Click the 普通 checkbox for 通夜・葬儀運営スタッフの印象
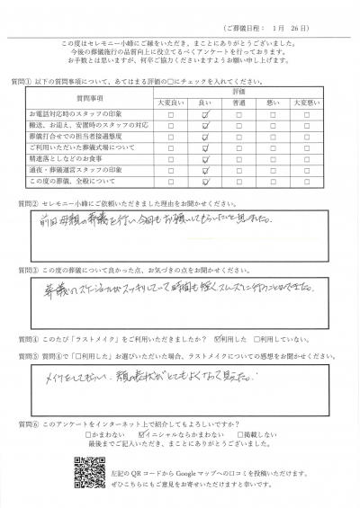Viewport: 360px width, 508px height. coord(241,167)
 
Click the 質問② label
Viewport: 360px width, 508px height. coord(26,202)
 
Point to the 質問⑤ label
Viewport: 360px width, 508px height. coord(26,355)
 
